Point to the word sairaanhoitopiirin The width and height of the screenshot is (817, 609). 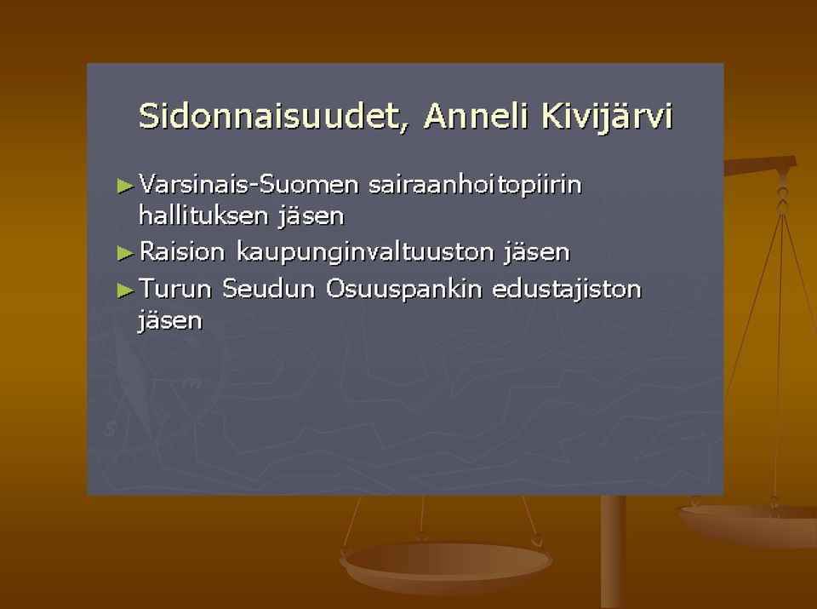click(x=475, y=186)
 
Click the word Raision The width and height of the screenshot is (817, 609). click(x=182, y=251)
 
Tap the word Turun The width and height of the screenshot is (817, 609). click(x=175, y=289)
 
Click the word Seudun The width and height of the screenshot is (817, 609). click(x=268, y=289)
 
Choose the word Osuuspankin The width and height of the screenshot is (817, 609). click(x=403, y=290)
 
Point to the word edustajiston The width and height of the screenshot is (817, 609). click(x=567, y=290)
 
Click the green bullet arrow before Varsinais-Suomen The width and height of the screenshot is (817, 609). click(x=126, y=187)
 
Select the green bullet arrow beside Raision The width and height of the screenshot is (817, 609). click(x=126, y=254)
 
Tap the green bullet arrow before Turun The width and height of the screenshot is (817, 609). click(x=126, y=290)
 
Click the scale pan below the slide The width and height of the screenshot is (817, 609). click(x=446, y=566)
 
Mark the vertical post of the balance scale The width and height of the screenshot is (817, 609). click(x=613, y=552)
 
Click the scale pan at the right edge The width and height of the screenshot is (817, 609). click(x=749, y=525)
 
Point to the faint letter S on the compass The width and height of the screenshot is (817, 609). click(x=110, y=429)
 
